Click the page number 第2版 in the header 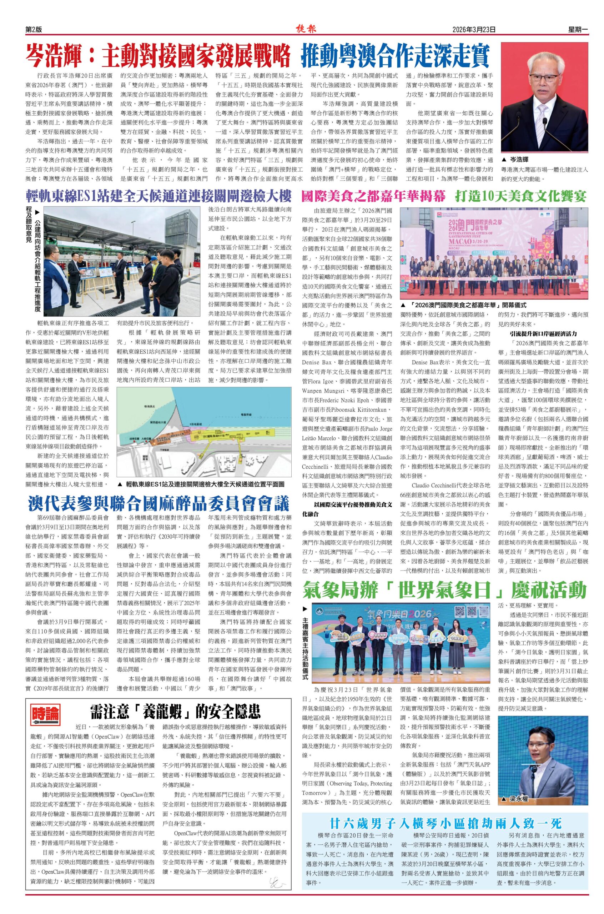[x=34, y=29]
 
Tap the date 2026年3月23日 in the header [x=474, y=29]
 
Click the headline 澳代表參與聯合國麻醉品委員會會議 [x=158, y=503]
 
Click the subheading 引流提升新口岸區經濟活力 [x=544, y=333]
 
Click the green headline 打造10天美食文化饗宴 [x=521, y=197]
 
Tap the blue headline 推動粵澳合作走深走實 [x=395, y=56]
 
